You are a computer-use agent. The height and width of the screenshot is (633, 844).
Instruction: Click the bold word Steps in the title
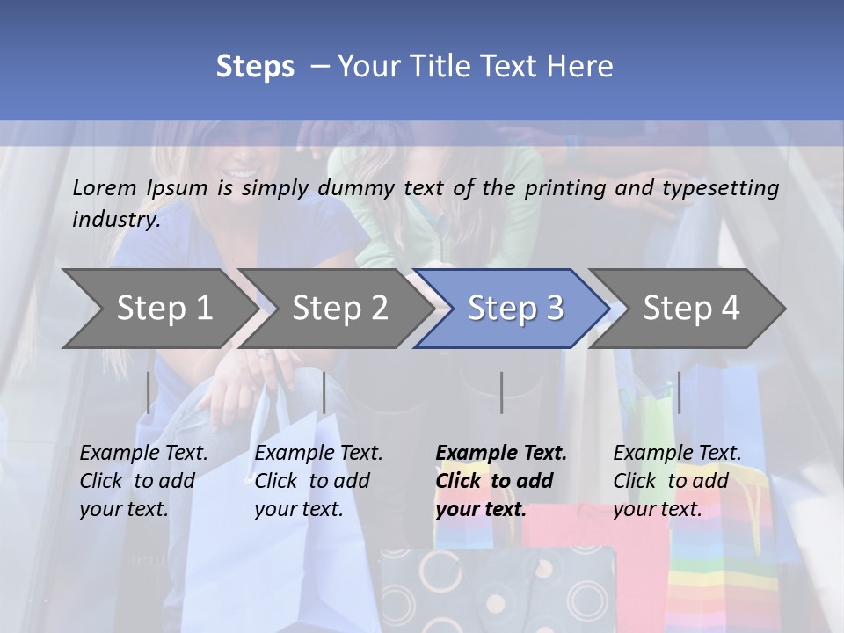tap(255, 67)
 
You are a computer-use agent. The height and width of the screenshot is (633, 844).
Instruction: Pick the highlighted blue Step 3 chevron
tap(515, 308)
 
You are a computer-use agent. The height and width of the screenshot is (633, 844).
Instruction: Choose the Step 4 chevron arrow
tap(691, 308)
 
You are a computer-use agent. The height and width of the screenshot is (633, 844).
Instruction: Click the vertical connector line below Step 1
tap(149, 392)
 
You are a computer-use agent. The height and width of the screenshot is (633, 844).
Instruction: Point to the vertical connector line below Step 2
tap(324, 392)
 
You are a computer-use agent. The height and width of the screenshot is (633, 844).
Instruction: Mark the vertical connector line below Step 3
tap(502, 392)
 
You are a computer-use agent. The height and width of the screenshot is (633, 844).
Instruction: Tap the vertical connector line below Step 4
tap(679, 392)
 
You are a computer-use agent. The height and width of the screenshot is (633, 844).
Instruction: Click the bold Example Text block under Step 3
tap(501, 481)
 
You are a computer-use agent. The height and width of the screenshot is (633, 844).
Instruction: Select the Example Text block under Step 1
tap(143, 481)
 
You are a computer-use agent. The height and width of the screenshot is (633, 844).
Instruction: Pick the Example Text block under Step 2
tap(318, 481)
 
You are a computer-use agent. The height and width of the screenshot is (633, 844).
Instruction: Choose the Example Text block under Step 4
tap(677, 481)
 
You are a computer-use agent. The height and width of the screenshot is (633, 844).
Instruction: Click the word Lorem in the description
tap(105, 188)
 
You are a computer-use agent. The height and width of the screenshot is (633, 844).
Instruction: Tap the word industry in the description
tap(115, 220)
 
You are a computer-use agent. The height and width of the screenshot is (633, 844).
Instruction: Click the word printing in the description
tap(563, 188)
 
